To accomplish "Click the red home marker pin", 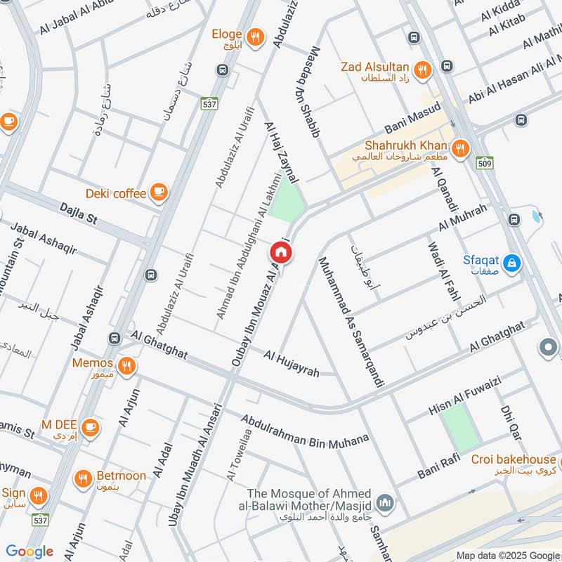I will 280,252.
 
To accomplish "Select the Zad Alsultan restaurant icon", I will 422,69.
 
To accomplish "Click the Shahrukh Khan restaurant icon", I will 460,148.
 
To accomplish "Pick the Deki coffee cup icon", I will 159,192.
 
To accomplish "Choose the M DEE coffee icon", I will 89,426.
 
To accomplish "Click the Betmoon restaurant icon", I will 84,478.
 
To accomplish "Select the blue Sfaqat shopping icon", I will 514,263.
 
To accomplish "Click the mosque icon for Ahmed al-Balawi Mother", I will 384,503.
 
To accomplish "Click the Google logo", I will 30,551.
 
